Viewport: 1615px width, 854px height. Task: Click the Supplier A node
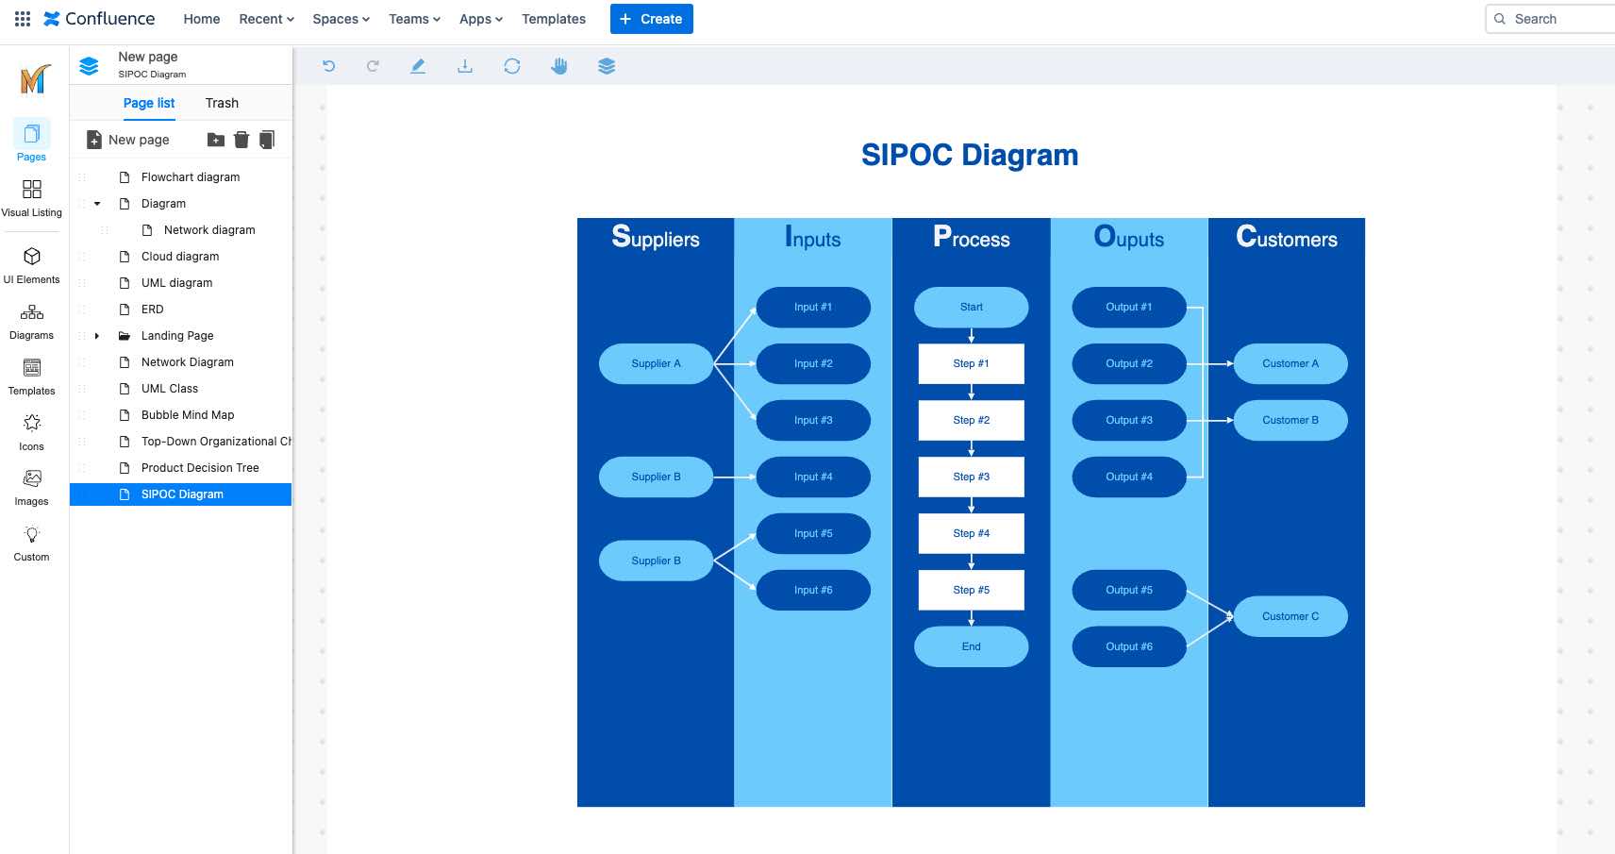(x=656, y=363)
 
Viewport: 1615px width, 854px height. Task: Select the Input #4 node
(x=813, y=477)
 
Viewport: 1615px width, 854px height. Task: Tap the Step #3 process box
(x=971, y=477)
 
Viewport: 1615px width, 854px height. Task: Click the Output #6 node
(x=1129, y=646)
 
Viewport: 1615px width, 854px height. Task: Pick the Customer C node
(x=1290, y=616)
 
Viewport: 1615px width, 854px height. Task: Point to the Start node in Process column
(x=971, y=307)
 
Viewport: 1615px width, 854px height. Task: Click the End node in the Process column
(x=971, y=646)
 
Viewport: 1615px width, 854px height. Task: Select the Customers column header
(x=1287, y=238)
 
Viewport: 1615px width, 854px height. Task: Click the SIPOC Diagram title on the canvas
(x=970, y=155)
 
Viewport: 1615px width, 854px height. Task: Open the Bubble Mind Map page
(x=188, y=415)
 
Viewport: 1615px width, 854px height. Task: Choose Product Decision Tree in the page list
(x=200, y=468)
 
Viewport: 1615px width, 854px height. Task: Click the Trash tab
(x=222, y=103)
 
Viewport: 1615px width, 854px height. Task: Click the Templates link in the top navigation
(x=554, y=19)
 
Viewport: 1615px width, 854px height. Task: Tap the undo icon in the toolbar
(x=328, y=66)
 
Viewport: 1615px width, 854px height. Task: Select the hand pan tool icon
(x=559, y=66)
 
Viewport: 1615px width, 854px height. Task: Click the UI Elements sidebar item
(x=31, y=264)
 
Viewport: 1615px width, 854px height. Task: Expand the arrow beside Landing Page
(x=97, y=336)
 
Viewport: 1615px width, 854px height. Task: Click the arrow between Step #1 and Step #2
(x=971, y=392)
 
